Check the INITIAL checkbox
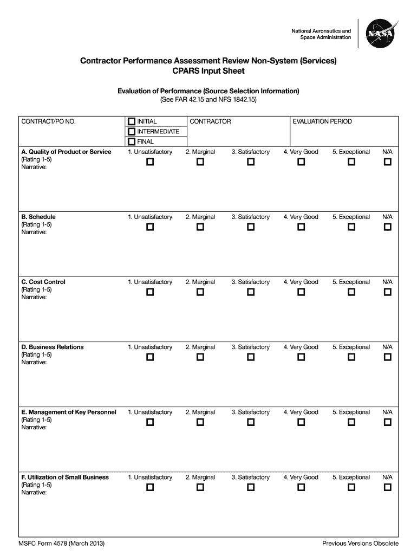coord(132,121)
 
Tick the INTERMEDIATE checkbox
coord(132,132)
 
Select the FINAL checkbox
coord(132,141)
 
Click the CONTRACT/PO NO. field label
coord(48,121)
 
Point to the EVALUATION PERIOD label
coord(322,121)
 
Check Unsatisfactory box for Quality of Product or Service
coord(150,162)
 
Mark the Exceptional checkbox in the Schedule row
coord(351,227)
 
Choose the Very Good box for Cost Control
coord(301,292)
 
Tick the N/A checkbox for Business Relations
coord(387,357)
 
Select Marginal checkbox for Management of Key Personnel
coord(200,422)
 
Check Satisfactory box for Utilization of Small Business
coord(250,487)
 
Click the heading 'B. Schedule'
coord(38,217)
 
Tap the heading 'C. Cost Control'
coord(43,282)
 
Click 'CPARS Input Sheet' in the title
coord(208,71)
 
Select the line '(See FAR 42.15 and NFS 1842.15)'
coord(208,100)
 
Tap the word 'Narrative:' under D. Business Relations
coord(34,362)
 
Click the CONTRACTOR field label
coord(210,121)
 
